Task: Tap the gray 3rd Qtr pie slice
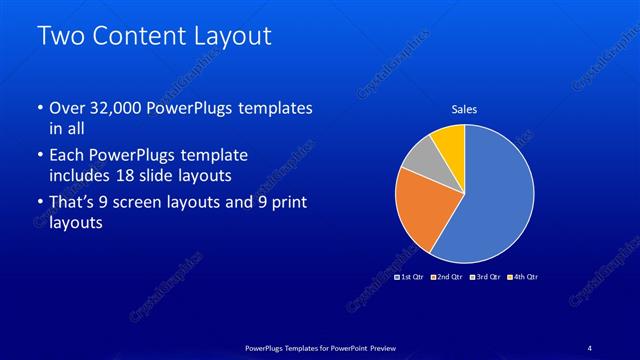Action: point(419,160)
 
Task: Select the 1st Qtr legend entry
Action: point(410,276)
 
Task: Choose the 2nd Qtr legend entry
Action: point(446,276)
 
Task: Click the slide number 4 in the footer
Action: point(589,346)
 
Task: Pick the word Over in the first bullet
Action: point(67,107)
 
